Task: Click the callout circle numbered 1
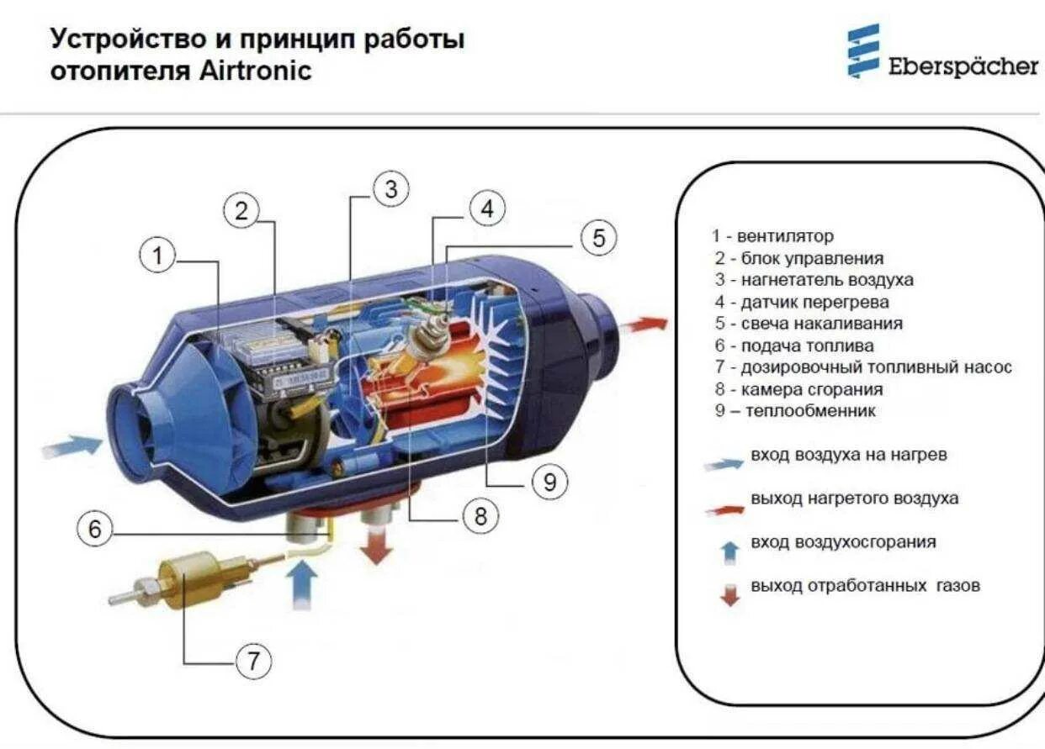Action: pyautogui.click(x=158, y=256)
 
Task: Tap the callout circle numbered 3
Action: pyautogui.click(x=391, y=191)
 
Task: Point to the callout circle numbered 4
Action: pyautogui.click(x=487, y=208)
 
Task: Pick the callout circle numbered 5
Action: pyautogui.click(x=598, y=239)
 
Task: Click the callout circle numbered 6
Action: pyautogui.click(x=94, y=529)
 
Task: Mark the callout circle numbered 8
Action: pyautogui.click(x=480, y=516)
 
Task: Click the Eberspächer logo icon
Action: pyautogui.click(x=863, y=51)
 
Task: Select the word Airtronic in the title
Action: pyautogui.click(x=255, y=70)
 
